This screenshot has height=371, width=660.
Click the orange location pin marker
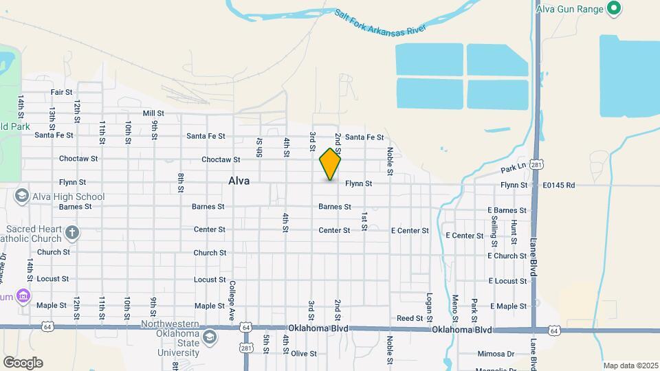click(330, 164)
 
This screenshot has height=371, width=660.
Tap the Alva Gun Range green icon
click(615, 9)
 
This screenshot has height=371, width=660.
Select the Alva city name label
click(239, 181)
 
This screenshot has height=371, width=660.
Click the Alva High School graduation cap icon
click(21, 196)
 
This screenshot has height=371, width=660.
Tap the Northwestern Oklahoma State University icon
click(209, 337)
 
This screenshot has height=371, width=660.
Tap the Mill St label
click(153, 113)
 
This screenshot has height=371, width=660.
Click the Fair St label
click(61, 92)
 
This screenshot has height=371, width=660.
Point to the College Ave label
click(232, 301)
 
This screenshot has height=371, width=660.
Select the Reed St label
click(409, 318)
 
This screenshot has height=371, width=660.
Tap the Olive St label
click(303, 354)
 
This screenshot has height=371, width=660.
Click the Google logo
click(22, 363)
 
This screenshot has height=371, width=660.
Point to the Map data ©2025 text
click(629, 366)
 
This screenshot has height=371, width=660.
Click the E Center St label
click(410, 231)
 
